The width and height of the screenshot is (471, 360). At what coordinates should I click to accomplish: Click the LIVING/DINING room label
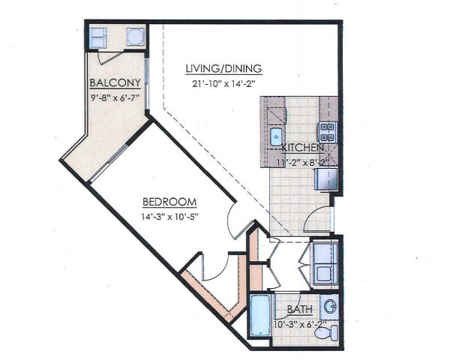pyautogui.click(x=223, y=69)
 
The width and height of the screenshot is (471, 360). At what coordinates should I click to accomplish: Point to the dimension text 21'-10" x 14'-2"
pyautogui.click(x=223, y=83)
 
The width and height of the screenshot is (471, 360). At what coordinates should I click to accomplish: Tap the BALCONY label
pyautogui.click(x=112, y=82)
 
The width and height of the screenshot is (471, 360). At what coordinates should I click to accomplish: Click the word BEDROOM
pyautogui.click(x=169, y=202)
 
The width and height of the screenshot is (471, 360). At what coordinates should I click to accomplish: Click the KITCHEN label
pyautogui.click(x=302, y=148)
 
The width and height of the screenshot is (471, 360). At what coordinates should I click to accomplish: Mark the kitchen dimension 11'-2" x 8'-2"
pyautogui.click(x=303, y=160)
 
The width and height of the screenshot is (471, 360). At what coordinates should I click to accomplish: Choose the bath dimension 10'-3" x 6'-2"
pyautogui.click(x=299, y=324)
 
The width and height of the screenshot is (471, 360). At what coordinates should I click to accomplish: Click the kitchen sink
pyautogui.click(x=275, y=136)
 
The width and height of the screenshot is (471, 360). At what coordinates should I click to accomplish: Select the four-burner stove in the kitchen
pyautogui.click(x=327, y=132)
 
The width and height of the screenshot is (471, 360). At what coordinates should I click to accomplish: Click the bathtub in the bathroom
pyautogui.click(x=259, y=315)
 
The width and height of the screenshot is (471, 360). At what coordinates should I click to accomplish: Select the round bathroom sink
pyautogui.click(x=331, y=307)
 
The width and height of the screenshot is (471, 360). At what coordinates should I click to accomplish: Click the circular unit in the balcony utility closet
pyautogui.click(x=135, y=37)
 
